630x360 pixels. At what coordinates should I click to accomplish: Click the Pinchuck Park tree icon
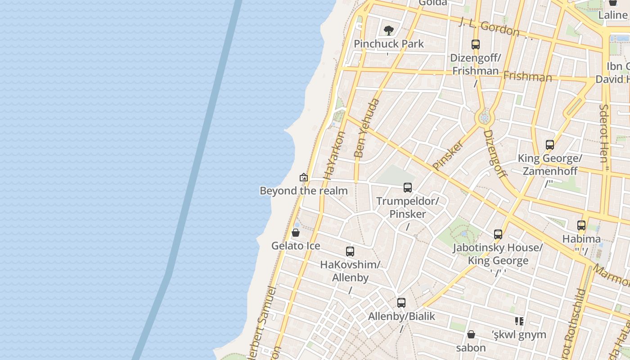tap(388, 31)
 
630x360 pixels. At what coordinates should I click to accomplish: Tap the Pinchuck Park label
tap(389, 44)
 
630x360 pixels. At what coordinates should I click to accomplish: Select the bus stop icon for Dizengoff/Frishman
tap(476, 45)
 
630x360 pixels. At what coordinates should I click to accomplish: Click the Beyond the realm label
tap(304, 191)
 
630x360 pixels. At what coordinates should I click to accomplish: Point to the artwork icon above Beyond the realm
tap(304, 177)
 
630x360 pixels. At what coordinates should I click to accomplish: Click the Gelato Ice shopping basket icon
tap(296, 233)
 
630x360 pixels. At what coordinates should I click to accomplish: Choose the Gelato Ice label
tap(296, 246)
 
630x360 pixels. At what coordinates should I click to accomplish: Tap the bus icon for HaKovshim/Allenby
tap(350, 252)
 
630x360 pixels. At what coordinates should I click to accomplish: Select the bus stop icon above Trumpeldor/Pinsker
tap(408, 188)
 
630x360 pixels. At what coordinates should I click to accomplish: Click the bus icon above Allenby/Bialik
tap(401, 303)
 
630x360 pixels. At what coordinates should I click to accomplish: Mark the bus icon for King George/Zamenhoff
tap(550, 145)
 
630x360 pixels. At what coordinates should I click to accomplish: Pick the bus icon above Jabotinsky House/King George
tap(498, 234)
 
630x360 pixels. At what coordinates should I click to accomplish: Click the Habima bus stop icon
tap(581, 225)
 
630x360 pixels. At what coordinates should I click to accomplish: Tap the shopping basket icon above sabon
tap(471, 334)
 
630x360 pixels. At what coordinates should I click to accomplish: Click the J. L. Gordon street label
tap(489, 27)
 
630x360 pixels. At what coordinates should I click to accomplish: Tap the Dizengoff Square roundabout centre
tap(485, 118)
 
